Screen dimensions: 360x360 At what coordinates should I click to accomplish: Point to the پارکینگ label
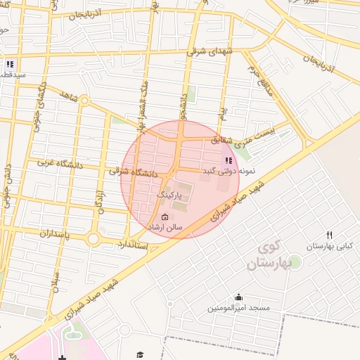[x=169, y=193]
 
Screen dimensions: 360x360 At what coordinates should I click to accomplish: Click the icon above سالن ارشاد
[x=165, y=217]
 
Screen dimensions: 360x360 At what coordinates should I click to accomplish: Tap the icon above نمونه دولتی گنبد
[x=228, y=160]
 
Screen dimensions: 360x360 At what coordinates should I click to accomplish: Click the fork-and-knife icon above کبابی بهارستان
[x=329, y=235]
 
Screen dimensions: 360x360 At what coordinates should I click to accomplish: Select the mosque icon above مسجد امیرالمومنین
[x=238, y=297]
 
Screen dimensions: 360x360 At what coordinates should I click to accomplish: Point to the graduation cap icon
[x=140, y=354]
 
